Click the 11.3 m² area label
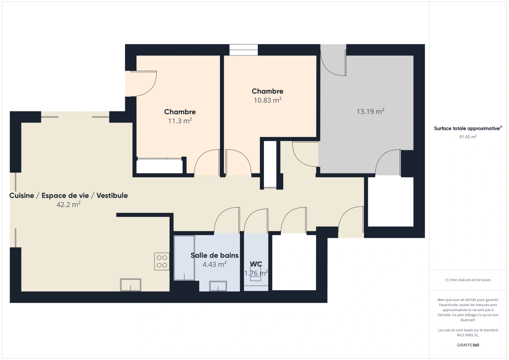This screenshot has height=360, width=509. coord(180,121)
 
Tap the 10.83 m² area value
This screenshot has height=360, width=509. coord(268,100)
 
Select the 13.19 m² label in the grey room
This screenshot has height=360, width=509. coord(370,111)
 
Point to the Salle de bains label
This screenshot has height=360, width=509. coord(214,255)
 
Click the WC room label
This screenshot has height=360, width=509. coord(256,264)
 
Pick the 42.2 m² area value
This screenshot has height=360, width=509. coord(68,205)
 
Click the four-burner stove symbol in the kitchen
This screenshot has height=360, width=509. coord(162,261)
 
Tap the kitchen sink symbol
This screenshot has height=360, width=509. coord(130,285)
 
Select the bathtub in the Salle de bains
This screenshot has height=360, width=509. coord(184,258)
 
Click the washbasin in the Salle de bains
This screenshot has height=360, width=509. coord(218,286)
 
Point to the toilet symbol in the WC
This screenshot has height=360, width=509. coord(256,275)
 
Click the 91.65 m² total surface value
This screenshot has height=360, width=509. coord(468,137)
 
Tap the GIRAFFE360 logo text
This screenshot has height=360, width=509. coord(468,345)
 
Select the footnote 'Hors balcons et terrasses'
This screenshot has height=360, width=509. coord(468,280)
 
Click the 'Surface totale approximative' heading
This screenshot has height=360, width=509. coord(467,128)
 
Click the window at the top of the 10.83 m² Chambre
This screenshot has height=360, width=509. coord(243,50)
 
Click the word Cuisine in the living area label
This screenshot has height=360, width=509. coord(22,196)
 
